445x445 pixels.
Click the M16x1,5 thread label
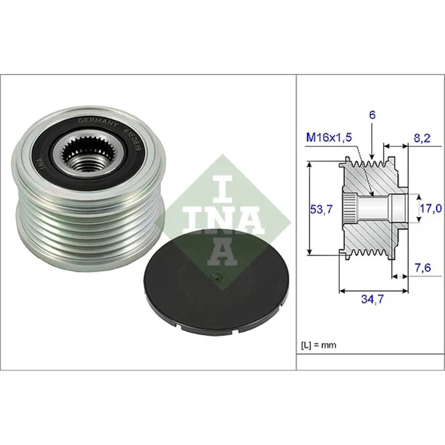coord(329,137)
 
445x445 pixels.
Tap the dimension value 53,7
coord(321,210)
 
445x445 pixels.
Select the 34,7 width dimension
coord(372,299)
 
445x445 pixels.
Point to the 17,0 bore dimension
coord(431,209)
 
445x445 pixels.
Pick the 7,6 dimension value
coord(423,268)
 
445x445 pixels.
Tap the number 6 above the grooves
coord(372,115)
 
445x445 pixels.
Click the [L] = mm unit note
coord(318,345)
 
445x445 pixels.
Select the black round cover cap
coord(216,281)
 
